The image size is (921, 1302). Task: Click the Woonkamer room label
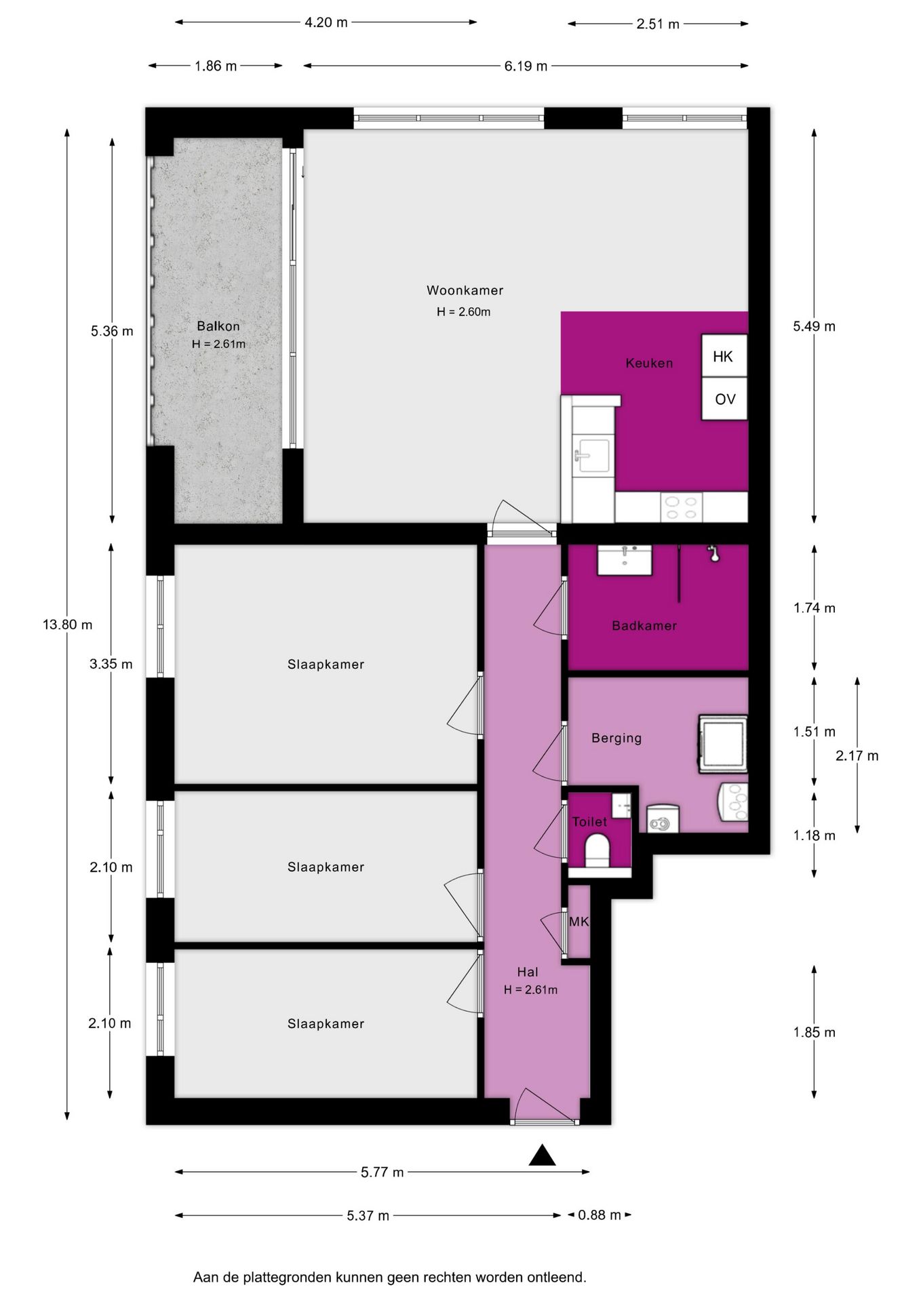465,290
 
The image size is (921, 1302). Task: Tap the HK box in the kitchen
724,356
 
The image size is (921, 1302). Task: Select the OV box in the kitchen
724,399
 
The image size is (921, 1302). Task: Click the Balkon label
218,326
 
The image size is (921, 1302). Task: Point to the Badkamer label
644,626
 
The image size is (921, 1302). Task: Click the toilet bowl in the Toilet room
597,850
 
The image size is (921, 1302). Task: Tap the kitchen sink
592,454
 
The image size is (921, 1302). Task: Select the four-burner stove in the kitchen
682,508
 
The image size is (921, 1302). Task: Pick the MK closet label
579,922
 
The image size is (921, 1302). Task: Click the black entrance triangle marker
542,1155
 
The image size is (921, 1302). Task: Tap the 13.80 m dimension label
68,625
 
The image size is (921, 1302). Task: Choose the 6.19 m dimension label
526,66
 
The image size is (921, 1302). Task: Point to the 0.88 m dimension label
600,1215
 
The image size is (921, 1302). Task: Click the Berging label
616,738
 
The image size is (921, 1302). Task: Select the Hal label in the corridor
528,972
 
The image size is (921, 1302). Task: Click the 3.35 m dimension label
111,664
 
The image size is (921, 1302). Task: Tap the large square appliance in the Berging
723,744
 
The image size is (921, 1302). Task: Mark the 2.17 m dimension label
857,755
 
